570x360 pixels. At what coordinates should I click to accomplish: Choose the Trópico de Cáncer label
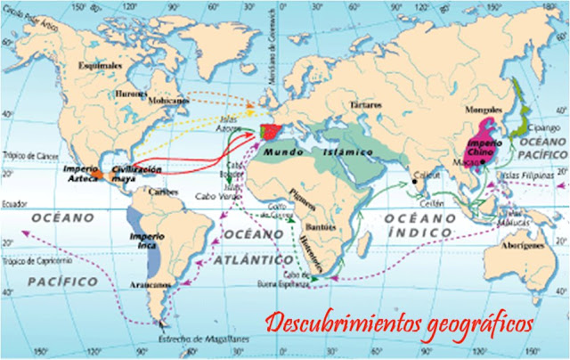click(24, 157)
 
